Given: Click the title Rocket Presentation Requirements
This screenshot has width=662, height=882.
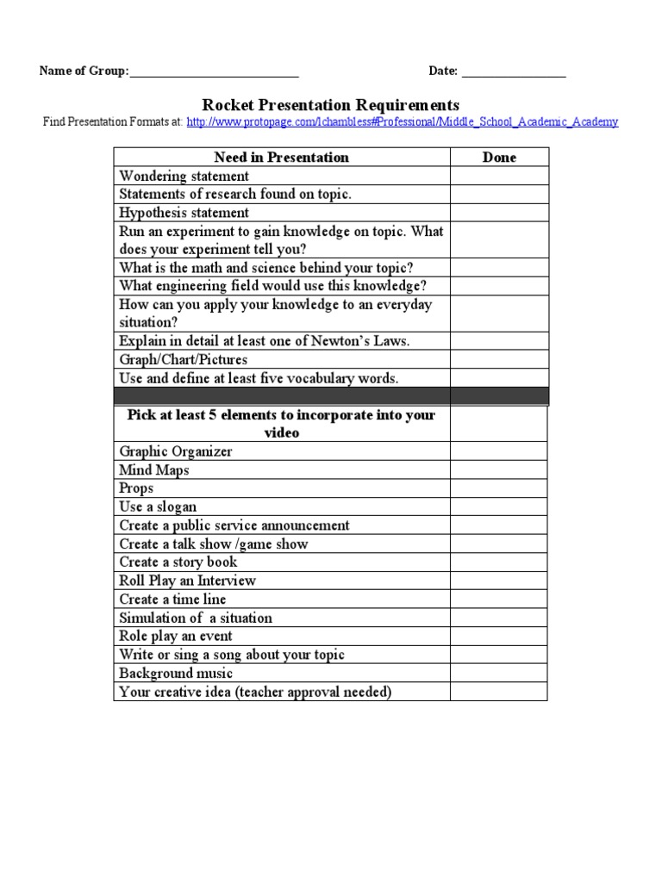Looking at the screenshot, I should (x=330, y=104).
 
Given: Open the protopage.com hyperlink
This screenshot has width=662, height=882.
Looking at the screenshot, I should (x=402, y=122).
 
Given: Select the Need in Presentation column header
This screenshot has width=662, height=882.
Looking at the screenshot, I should (x=282, y=157).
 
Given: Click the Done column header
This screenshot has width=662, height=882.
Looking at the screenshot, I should (x=499, y=157).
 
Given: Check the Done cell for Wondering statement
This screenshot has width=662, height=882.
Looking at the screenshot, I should (x=499, y=176).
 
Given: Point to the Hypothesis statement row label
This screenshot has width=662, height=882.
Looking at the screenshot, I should (x=184, y=213).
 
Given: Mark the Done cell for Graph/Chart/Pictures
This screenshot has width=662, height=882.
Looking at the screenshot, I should (x=499, y=359).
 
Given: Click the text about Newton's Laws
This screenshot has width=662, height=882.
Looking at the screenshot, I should (x=265, y=341).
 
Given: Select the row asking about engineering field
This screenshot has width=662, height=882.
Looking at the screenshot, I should (x=272, y=286).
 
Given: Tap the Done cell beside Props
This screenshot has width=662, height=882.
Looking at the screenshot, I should (x=499, y=488).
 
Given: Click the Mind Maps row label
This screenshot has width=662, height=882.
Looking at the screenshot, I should (x=153, y=470).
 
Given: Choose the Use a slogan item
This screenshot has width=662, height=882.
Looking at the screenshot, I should (x=158, y=507).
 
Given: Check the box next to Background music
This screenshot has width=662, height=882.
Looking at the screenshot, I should (x=499, y=673).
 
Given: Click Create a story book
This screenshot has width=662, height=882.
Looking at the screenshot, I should (x=178, y=562).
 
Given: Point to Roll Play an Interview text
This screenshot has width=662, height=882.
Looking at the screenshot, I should (x=187, y=581).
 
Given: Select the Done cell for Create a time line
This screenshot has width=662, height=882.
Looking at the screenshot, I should (x=499, y=599).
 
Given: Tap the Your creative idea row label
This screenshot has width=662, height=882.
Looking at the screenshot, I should (x=255, y=692).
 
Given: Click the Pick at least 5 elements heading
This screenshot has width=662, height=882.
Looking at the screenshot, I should (x=282, y=423).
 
